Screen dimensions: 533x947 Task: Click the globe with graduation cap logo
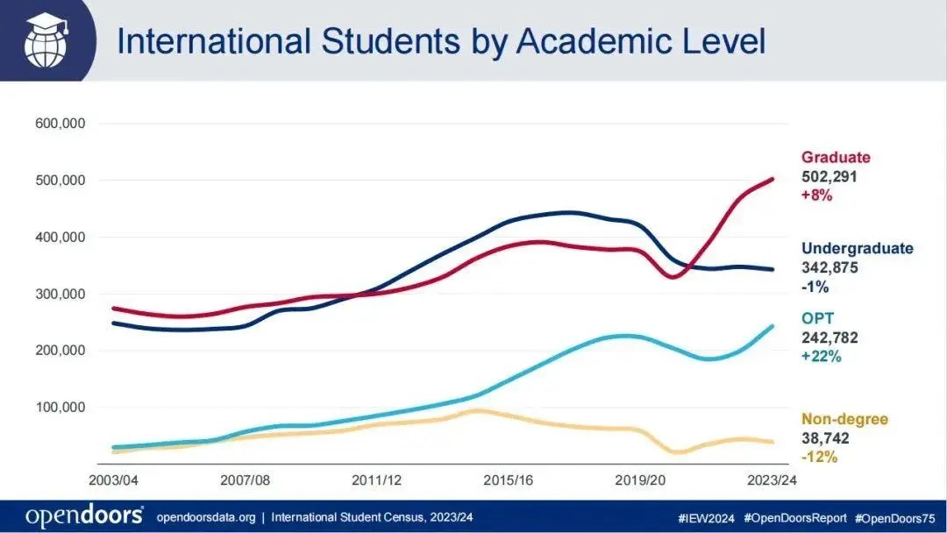point(44,40)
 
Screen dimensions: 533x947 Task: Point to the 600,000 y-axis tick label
point(60,124)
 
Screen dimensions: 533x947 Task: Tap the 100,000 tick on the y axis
point(60,408)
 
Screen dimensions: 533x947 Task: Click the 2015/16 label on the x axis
point(509,480)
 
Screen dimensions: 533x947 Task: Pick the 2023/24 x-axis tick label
point(770,480)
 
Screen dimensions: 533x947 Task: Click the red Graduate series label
point(836,158)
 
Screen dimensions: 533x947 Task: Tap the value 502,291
point(829,177)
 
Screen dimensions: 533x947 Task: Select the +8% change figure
point(816,196)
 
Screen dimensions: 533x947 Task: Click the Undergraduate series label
point(857,249)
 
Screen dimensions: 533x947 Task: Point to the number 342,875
point(830,268)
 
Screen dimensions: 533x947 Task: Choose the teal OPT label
point(816,317)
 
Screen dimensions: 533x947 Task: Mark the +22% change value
point(821,357)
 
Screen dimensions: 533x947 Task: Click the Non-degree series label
point(844,419)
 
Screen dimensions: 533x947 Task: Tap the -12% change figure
point(820,458)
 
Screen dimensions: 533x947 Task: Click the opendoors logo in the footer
point(84,516)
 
